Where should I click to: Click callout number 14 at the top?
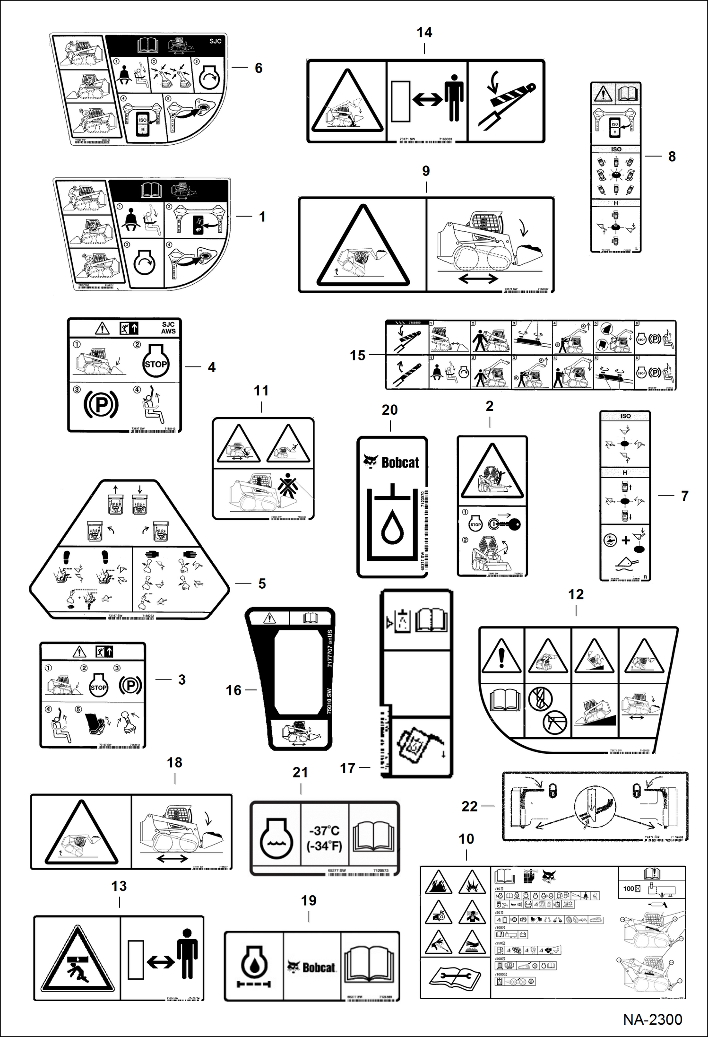tap(424, 33)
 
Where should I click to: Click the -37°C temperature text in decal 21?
tap(324, 831)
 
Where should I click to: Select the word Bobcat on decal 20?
tap(400, 462)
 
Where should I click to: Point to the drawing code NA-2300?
tap(652, 1020)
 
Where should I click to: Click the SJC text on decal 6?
tap(216, 41)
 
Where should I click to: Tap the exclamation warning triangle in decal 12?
tap(501, 656)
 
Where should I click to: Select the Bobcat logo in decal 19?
tap(312, 967)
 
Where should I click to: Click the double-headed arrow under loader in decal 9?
tap(478, 279)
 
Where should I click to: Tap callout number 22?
tap(469, 806)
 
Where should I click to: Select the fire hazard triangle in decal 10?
tap(439, 883)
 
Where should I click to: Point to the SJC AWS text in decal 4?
tap(168, 328)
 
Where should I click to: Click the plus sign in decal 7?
tap(625, 540)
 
